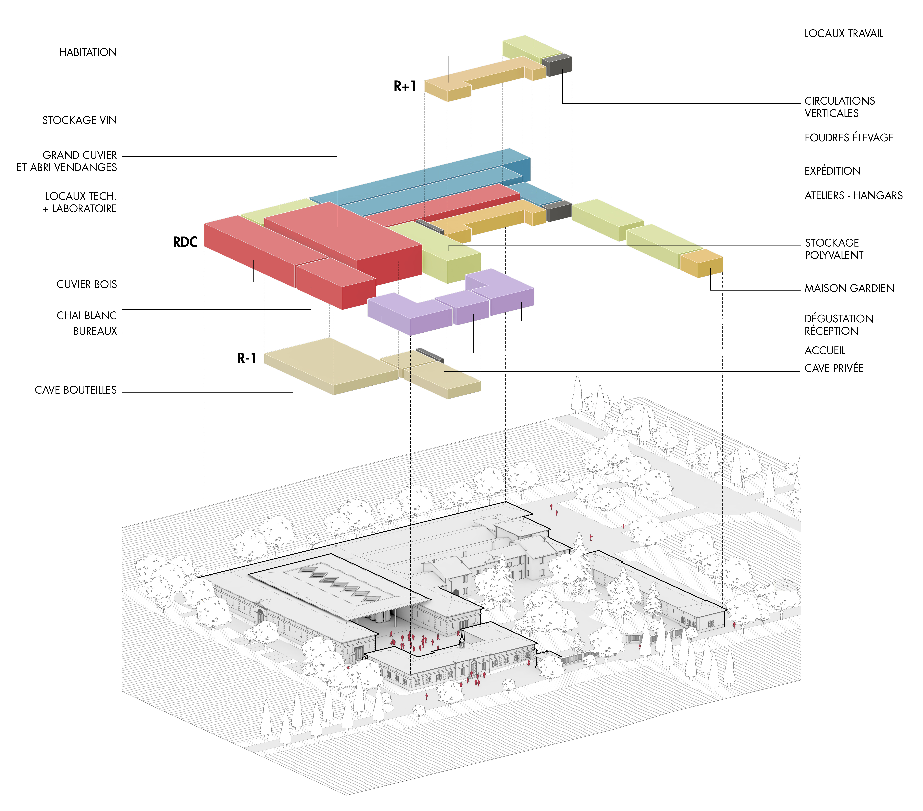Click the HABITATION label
tap(88, 52)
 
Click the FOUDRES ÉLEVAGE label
tap(848, 138)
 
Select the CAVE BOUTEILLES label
tap(75, 390)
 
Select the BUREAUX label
tap(95, 331)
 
